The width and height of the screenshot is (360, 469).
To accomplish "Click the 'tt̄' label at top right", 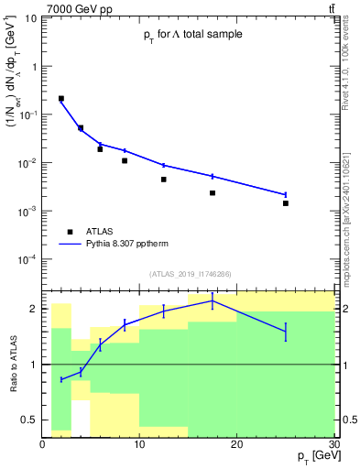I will point(331,8).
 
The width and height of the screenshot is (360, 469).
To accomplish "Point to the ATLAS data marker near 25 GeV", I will point(286,203).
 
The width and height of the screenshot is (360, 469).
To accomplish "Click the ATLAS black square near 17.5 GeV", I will point(213,193).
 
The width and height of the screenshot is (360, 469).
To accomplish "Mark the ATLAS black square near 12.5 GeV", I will point(164,180).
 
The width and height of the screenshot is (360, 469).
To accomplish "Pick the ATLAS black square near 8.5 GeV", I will point(125,160).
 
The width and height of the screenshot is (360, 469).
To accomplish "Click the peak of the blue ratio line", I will point(213,300).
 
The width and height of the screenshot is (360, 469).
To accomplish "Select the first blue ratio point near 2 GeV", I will point(61,379).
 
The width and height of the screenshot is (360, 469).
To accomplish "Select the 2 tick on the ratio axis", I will point(33,309).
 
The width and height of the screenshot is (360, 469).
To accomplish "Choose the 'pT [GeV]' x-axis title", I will point(309,455).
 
